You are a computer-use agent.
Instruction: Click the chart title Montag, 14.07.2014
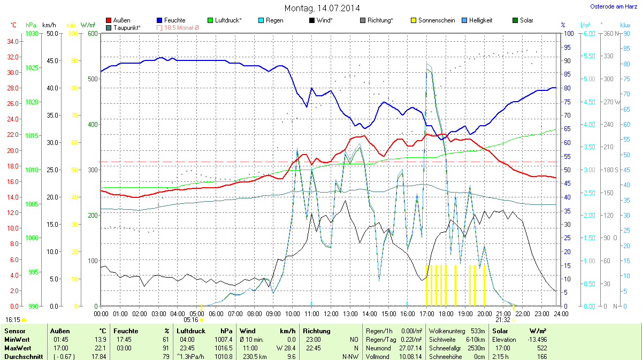click(x=322, y=8)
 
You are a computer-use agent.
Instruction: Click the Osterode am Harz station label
click(x=610, y=6)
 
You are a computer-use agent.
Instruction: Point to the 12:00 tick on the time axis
click(x=331, y=313)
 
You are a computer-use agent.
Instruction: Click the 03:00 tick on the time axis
click(x=158, y=313)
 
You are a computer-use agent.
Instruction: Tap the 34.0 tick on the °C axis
click(x=12, y=41)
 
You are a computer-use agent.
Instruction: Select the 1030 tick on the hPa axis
click(x=32, y=34)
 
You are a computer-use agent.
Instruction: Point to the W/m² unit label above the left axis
click(x=88, y=25)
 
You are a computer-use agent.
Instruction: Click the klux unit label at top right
click(x=625, y=25)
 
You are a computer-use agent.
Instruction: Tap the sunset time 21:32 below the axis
click(x=503, y=320)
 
